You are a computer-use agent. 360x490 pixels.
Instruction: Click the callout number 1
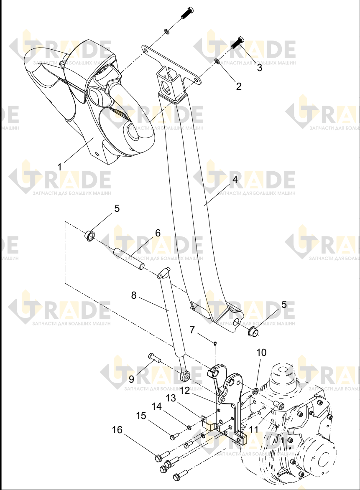[x=59, y=167]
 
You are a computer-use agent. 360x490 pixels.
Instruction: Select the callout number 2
[x=239, y=86]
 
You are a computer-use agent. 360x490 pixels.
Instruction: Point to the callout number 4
[x=235, y=180]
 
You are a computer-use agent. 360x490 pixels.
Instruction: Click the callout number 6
[x=158, y=233]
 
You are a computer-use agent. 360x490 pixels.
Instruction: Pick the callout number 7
[x=192, y=330]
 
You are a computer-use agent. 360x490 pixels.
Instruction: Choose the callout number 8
[x=133, y=295]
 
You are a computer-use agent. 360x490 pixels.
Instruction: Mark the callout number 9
[x=131, y=379]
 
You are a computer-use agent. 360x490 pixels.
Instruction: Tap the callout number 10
[x=261, y=353]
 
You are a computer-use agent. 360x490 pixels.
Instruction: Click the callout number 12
[x=185, y=391]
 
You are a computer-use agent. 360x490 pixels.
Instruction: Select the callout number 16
[x=117, y=430]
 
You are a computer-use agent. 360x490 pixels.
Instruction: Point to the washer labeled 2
[x=216, y=60]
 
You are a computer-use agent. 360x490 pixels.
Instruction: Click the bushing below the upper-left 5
[x=90, y=236]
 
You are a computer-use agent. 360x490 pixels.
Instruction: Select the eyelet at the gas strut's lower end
[x=186, y=376]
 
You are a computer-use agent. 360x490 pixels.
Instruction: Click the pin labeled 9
[x=154, y=358]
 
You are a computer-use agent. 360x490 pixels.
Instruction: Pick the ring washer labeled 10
[x=255, y=391]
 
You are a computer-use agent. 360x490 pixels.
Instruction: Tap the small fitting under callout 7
[x=215, y=344]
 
